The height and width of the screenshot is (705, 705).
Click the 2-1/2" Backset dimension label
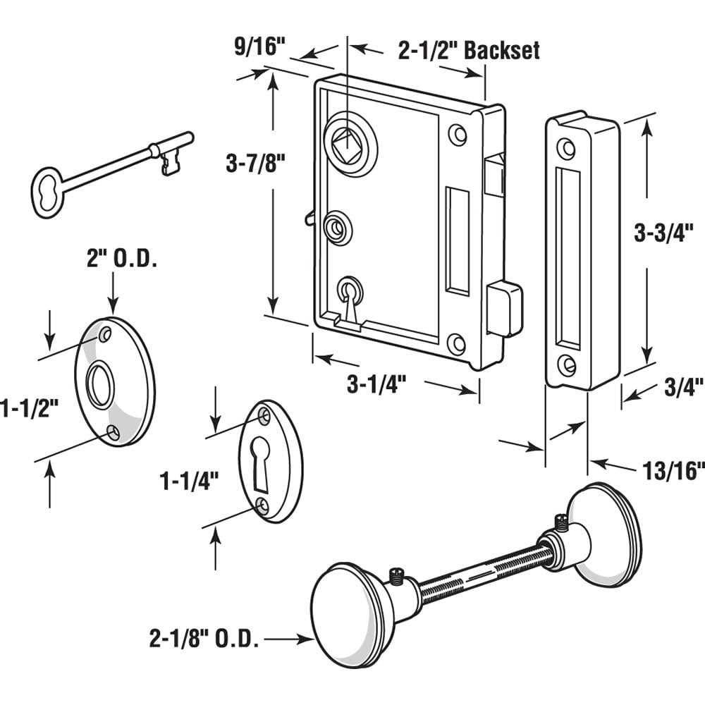coord(469,51)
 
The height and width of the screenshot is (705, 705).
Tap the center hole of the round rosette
coord(99,384)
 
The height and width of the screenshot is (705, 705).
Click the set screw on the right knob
coord(560,522)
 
